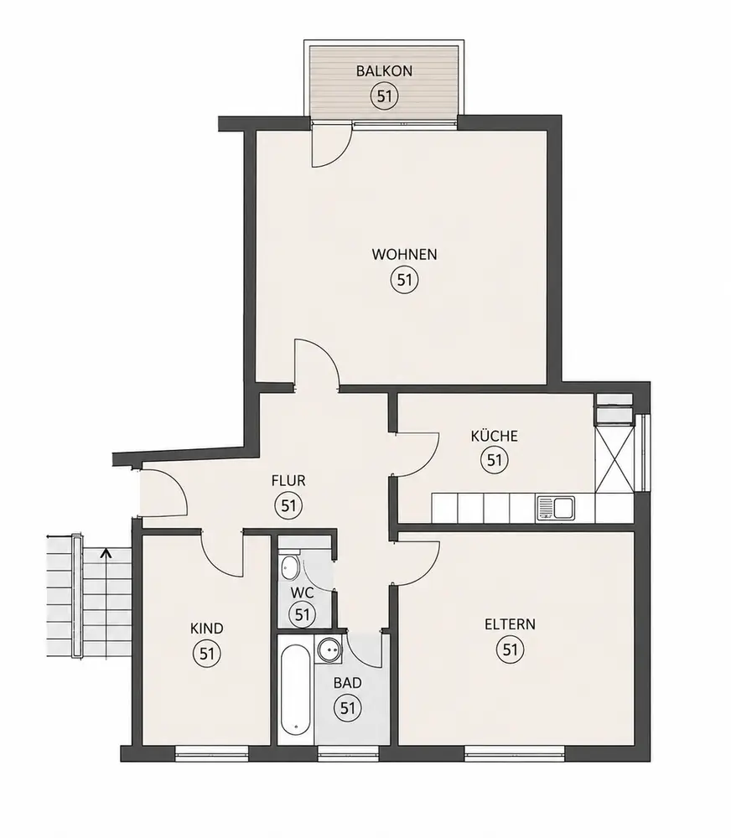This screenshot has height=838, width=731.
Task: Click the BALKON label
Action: click(384, 70)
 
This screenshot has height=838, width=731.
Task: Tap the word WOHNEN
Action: click(404, 255)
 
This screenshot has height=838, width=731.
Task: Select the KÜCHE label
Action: click(494, 436)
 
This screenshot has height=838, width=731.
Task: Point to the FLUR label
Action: click(288, 480)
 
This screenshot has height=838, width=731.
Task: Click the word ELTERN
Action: click(510, 624)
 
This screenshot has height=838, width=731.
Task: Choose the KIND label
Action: click(206, 628)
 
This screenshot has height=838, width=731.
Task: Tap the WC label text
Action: click(302, 592)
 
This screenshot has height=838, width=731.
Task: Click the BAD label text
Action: click(348, 682)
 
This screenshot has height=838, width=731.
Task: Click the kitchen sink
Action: click(556, 508)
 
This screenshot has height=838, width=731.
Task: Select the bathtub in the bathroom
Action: click(295, 690)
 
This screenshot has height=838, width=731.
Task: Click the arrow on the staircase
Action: click(106, 553)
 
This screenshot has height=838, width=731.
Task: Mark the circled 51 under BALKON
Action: click(385, 96)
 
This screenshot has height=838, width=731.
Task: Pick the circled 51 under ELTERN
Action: click(511, 650)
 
